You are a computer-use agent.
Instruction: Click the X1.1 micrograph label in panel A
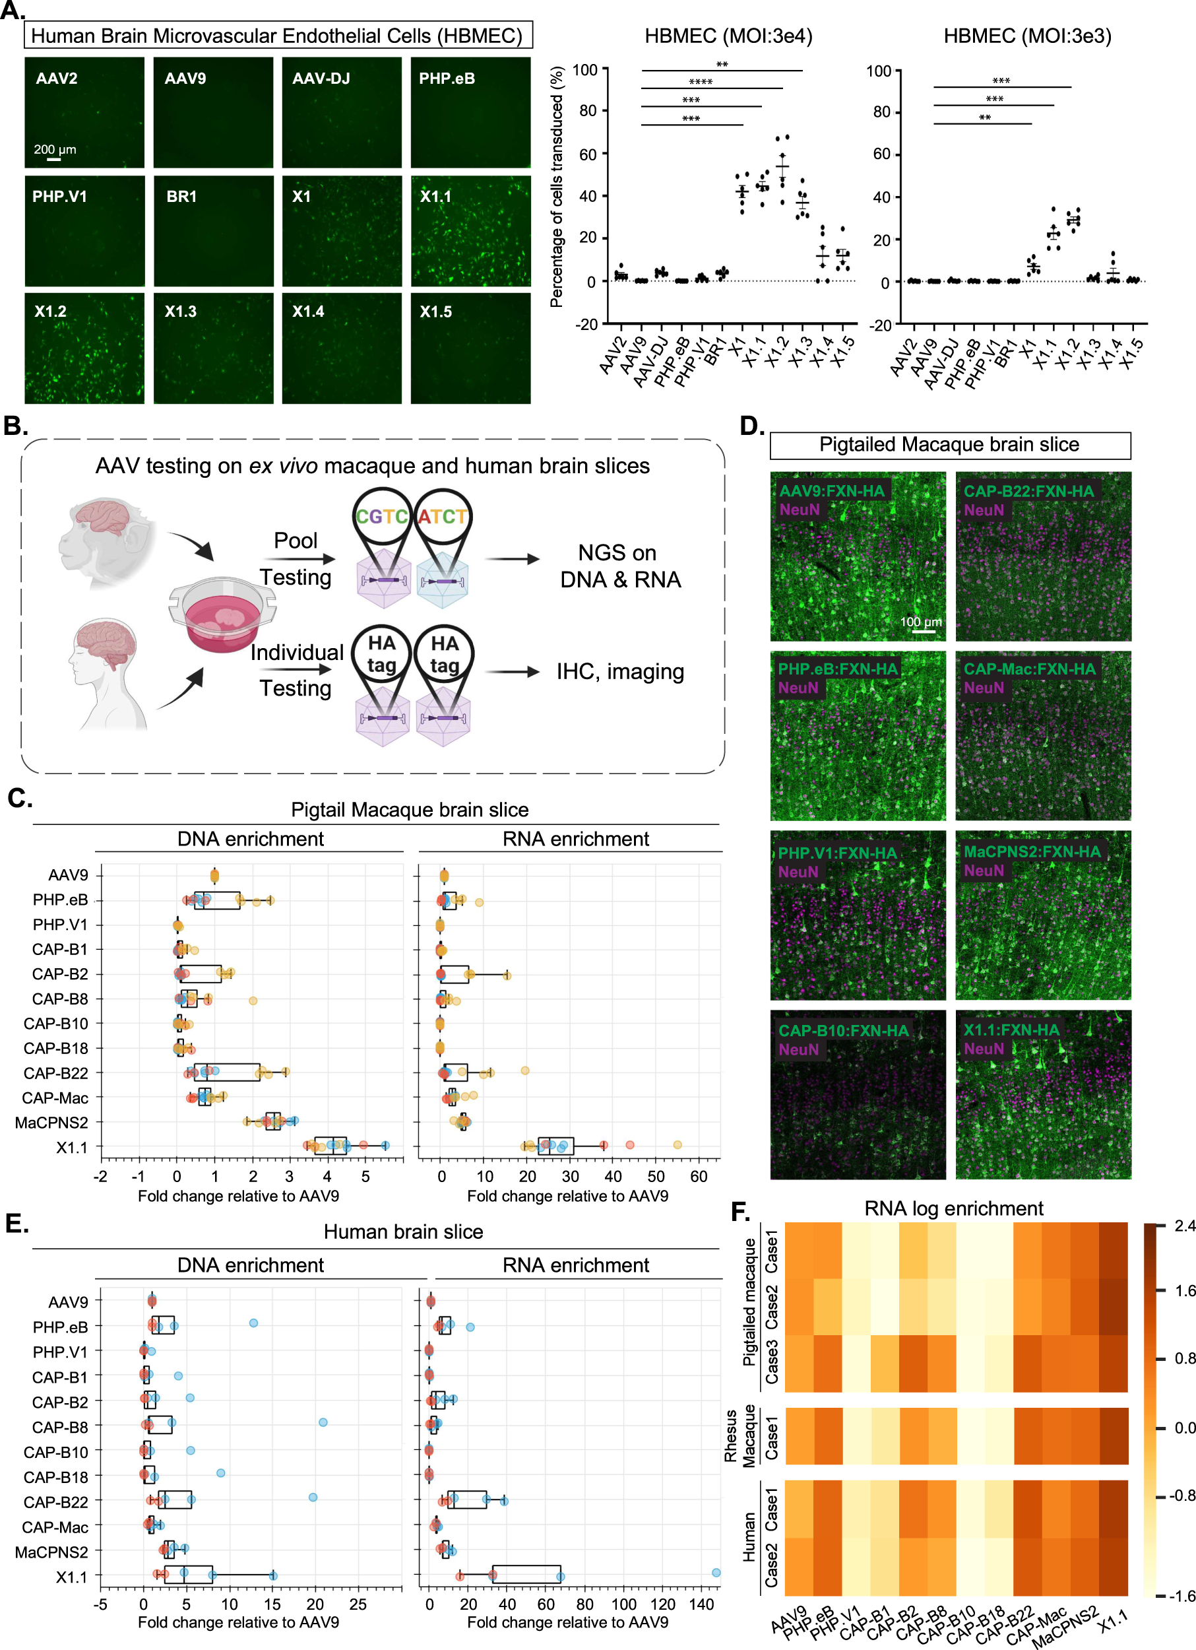[435, 197]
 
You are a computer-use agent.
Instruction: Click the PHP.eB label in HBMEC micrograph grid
[447, 79]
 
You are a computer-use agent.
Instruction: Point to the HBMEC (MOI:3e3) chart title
[1026, 36]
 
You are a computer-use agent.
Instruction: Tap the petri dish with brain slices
[222, 614]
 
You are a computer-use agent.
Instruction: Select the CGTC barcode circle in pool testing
[382, 517]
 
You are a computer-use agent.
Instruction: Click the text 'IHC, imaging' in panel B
[620, 671]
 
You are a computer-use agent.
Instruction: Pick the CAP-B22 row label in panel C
[55, 1073]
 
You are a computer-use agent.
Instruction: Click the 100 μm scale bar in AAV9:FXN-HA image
[924, 631]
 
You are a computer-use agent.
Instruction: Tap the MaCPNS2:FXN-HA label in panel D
[1032, 851]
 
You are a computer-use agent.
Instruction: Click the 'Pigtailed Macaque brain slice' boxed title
[949, 445]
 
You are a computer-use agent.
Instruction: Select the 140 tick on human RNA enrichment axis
[702, 1604]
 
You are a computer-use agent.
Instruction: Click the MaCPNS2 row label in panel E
[51, 1552]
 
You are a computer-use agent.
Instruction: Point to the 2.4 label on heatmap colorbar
[1184, 1226]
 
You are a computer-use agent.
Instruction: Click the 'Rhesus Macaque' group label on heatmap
[739, 1436]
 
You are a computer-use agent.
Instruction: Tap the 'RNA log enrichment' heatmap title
[953, 1208]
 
